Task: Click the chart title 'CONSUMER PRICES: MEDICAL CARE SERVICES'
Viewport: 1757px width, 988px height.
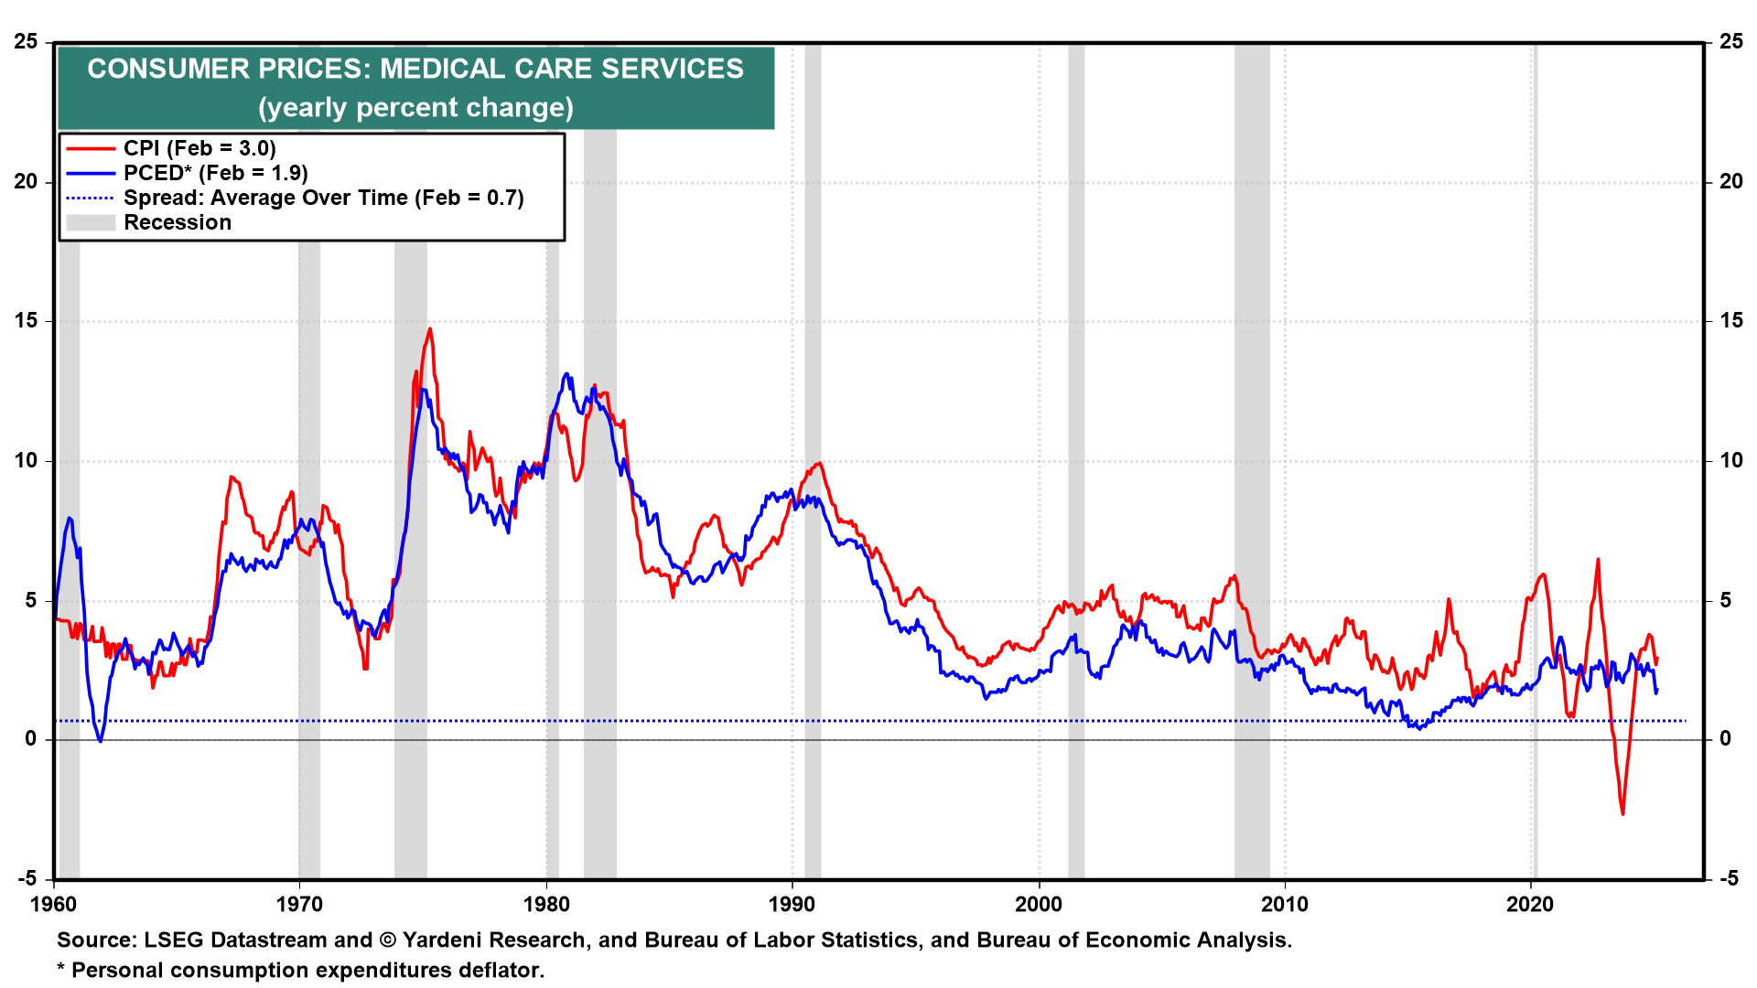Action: tap(415, 69)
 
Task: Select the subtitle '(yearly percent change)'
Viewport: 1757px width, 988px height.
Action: tap(415, 108)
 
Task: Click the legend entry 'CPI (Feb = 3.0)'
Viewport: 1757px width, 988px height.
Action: tap(199, 148)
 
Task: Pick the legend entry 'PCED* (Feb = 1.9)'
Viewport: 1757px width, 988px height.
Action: tap(215, 173)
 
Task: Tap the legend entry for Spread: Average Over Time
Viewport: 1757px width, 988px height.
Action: tap(323, 198)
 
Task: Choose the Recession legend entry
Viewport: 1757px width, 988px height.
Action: tap(178, 222)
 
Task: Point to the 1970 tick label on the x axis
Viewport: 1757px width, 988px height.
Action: tap(299, 905)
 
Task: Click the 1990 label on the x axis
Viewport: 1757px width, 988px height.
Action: tap(792, 905)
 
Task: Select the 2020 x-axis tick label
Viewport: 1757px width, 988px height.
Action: tap(1530, 905)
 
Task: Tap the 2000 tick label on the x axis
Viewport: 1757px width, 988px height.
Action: tap(1039, 905)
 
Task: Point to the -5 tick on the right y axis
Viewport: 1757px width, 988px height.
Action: tap(1729, 879)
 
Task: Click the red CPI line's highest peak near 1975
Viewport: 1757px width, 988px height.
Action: tap(430, 329)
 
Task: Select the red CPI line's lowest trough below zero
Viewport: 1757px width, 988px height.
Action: tap(1622, 813)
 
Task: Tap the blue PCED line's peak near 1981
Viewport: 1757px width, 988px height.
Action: tap(566, 374)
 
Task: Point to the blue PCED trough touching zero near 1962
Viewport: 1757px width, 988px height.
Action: tap(101, 740)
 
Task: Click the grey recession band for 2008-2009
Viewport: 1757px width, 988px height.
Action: tap(1251, 457)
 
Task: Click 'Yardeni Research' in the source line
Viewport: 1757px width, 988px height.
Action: tap(493, 940)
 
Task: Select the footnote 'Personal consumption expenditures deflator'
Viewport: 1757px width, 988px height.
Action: tap(307, 971)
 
